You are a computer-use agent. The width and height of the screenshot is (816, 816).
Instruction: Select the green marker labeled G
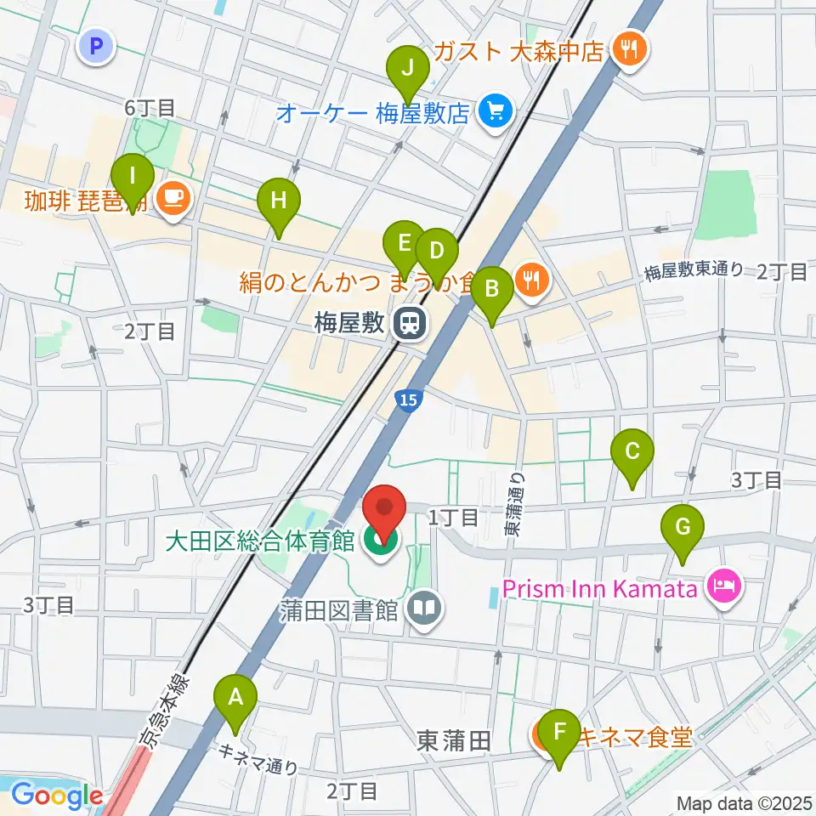(683, 530)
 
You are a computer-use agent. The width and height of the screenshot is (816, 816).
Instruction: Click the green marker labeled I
(133, 179)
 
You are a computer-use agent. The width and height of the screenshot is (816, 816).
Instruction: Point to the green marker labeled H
(279, 202)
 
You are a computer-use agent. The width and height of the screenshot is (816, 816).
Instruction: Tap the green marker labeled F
(559, 734)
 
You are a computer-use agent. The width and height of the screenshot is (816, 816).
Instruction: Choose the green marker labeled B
(491, 290)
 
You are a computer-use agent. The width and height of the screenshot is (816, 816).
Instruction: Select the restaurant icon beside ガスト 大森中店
(630, 50)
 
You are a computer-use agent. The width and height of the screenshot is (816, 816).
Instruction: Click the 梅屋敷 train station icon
(410, 323)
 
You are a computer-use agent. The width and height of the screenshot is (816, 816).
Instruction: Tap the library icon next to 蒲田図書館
(424, 609)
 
